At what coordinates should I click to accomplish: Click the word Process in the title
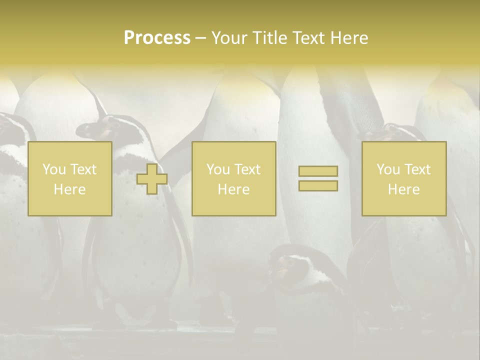[x=157, y=38]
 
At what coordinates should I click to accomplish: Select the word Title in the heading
[x=270, y=38]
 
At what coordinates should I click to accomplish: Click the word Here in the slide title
[x=349, y=38]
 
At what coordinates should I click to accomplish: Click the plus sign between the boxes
[x=152, y=179]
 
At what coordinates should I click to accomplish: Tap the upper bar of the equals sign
[x=318, y=171]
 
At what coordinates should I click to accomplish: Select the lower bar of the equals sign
[x=318, y=185]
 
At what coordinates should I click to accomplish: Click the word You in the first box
[x=53, y=169]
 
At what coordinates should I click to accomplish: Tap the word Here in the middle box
[x=233, y=189]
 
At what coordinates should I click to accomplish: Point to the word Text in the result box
[x=417, y=169]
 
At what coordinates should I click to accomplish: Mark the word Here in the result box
[x=404, y=189]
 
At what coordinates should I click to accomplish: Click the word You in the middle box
[x=218, y=169]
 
